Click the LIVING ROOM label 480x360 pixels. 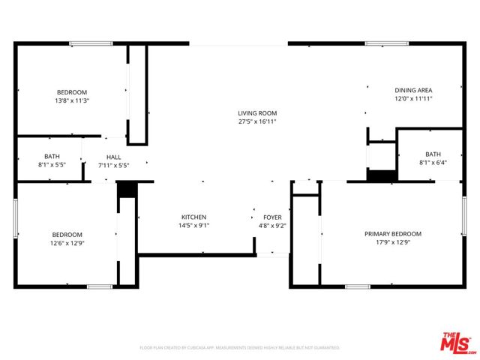pyautogui.click(x=258, y=112)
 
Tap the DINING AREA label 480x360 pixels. pyautogui.click(x=414, y=89)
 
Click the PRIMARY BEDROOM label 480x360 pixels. pyautogui.click(x=393, y=234)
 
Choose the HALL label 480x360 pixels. pyautogui.click(x=113, y=157)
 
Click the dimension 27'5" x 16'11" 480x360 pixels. pyautogui.click(x=258, y=121)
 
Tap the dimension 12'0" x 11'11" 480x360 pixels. pyautogui.click(x=414, y=98)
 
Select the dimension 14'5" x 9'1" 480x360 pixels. pyautogui.click(x=193, y=225)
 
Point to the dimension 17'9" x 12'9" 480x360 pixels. pyautogui.click(x=393, y=242)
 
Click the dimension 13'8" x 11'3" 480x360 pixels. pyautogui.click(x=72, y=100)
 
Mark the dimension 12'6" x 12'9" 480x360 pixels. pyautogui.click(x=67, y=242)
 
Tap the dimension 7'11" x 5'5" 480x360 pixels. pyautogui.click(x=113, y=165)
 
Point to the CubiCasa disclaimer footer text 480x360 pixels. pyautogui.click(x=240, y=348)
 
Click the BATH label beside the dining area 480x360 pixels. pyautogui.click(x=433, y=154)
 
